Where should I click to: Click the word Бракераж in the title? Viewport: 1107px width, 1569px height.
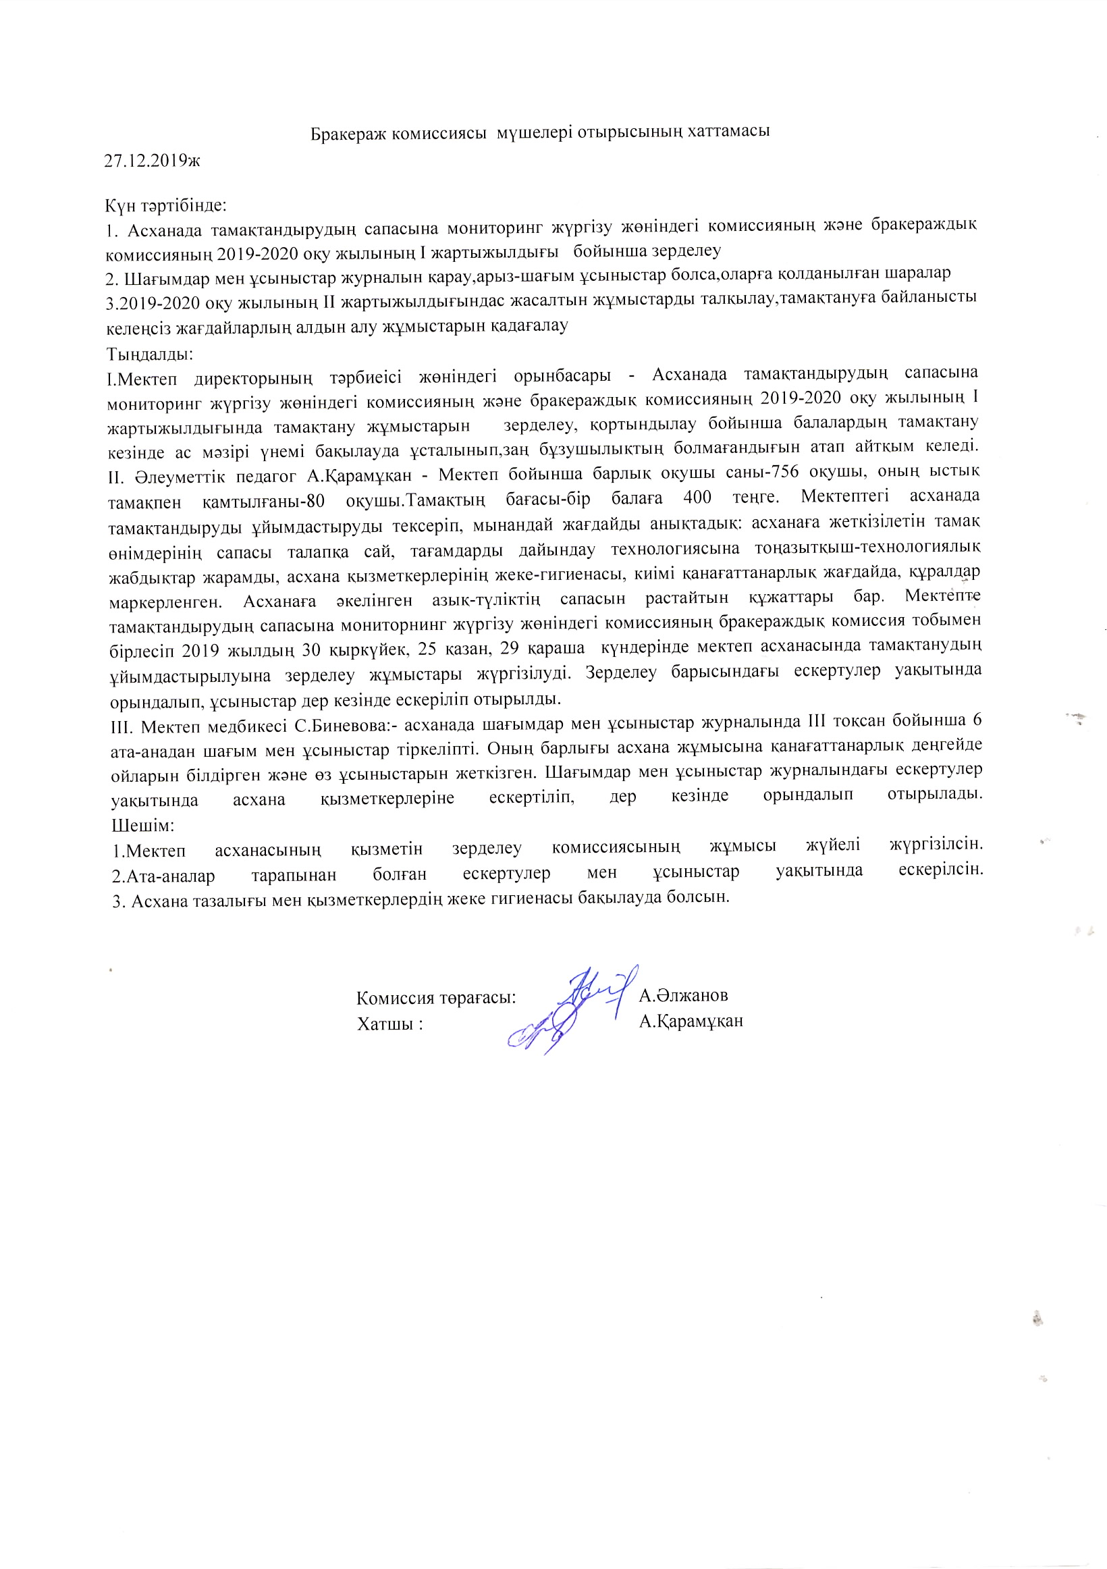[350, 132]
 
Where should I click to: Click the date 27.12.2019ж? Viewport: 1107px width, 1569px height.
[152, 161]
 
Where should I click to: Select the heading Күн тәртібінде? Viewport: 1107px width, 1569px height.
[166, 205]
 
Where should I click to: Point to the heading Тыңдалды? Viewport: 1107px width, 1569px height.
[150, 354]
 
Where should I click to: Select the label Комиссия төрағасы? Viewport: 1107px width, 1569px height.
[436, 998]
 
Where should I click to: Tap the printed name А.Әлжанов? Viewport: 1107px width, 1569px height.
[683, 995]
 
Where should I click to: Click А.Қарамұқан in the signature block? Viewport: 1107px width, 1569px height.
[691, 1021]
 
